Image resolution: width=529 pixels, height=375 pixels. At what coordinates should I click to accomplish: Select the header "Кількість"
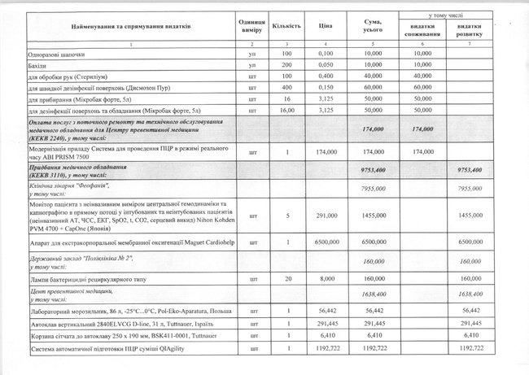(x=282, y=25)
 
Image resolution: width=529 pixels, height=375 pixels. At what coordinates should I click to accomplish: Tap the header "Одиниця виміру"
(x=252, y=25)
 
